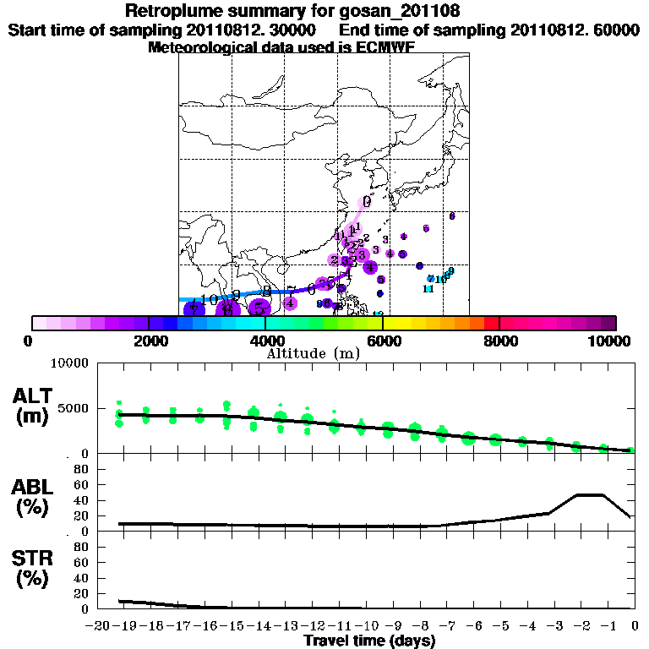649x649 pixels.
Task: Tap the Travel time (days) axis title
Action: tap(369, 641)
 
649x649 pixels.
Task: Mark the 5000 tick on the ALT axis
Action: tap(74, 409)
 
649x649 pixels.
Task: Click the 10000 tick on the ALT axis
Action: tap(71, 364)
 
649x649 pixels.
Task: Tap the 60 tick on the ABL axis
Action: tap(82, 484)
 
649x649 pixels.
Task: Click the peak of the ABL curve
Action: tap(590, 494)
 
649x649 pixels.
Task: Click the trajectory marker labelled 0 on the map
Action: tap(366, 201)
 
